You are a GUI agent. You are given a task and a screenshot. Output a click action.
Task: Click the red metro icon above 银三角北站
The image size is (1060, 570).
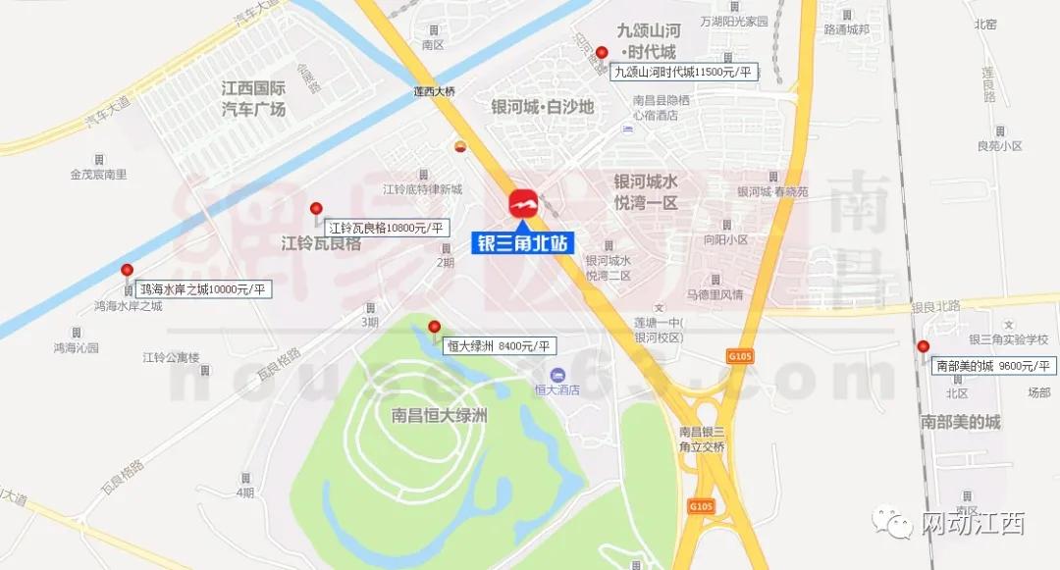point(523,205)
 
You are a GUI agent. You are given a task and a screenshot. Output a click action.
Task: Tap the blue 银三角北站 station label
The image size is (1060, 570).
point(523,241)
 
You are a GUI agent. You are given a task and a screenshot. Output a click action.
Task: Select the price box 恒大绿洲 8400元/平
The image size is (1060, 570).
point(501,345)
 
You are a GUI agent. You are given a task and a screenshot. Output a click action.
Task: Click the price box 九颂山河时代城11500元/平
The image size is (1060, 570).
point(684,72)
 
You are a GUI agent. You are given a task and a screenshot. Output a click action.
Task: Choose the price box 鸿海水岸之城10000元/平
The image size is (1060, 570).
point(201,289)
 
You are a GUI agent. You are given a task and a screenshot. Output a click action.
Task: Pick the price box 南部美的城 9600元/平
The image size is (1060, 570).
point(992,366)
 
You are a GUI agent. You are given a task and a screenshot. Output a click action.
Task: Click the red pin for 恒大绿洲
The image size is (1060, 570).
point(434,328)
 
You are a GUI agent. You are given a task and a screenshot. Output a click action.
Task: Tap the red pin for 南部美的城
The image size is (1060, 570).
point(923,347)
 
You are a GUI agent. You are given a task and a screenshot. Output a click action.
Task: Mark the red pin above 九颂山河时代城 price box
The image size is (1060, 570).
point(602,53)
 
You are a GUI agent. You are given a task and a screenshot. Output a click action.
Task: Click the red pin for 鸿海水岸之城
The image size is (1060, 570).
point(127,271)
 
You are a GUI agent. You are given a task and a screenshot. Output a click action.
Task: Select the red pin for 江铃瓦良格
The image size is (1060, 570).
point(316,209)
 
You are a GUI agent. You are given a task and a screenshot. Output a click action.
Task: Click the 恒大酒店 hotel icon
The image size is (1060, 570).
point(557,375)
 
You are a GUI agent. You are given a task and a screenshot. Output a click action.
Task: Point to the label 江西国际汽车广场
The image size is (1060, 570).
point(253,98)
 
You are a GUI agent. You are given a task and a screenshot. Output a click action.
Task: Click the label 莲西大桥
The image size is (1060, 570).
point(434,91)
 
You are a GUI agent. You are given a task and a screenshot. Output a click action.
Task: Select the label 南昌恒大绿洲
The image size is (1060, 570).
point(439,415)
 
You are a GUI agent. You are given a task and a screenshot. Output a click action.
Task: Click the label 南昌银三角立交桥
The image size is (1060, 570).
point(702,440)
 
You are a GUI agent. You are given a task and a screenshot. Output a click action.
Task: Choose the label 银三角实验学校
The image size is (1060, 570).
point(1008,339)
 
